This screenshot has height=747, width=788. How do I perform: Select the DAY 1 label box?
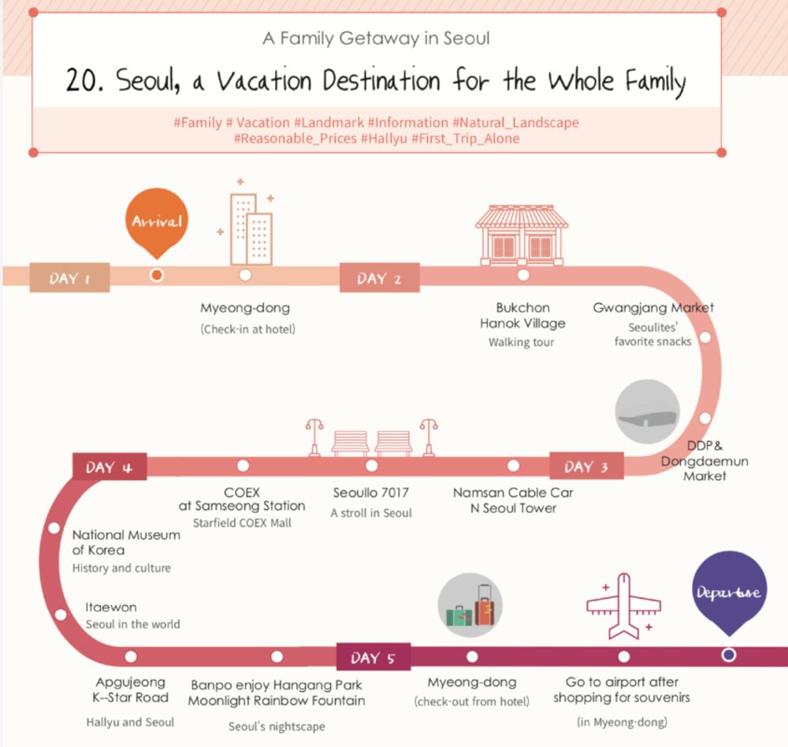69,277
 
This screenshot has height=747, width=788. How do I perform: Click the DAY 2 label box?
380,277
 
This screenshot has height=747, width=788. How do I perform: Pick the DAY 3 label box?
586,466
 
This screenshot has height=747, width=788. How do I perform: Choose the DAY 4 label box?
110,466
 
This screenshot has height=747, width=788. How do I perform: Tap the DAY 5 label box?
374,657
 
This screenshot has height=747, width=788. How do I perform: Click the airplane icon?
623,606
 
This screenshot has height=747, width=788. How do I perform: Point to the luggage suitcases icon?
470,605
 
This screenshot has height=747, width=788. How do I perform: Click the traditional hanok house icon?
522,235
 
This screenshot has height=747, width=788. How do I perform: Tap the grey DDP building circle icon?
647,411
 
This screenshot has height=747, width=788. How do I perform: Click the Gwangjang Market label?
653,307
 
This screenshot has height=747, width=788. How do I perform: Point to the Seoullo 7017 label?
371,492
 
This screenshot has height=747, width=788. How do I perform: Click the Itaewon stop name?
110,608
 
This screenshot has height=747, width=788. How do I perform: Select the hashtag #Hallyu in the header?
384,138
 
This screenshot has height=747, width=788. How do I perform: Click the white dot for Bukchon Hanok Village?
523,275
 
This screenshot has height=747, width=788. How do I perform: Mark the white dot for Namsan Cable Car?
513,466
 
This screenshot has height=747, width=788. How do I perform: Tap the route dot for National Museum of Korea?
54,528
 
